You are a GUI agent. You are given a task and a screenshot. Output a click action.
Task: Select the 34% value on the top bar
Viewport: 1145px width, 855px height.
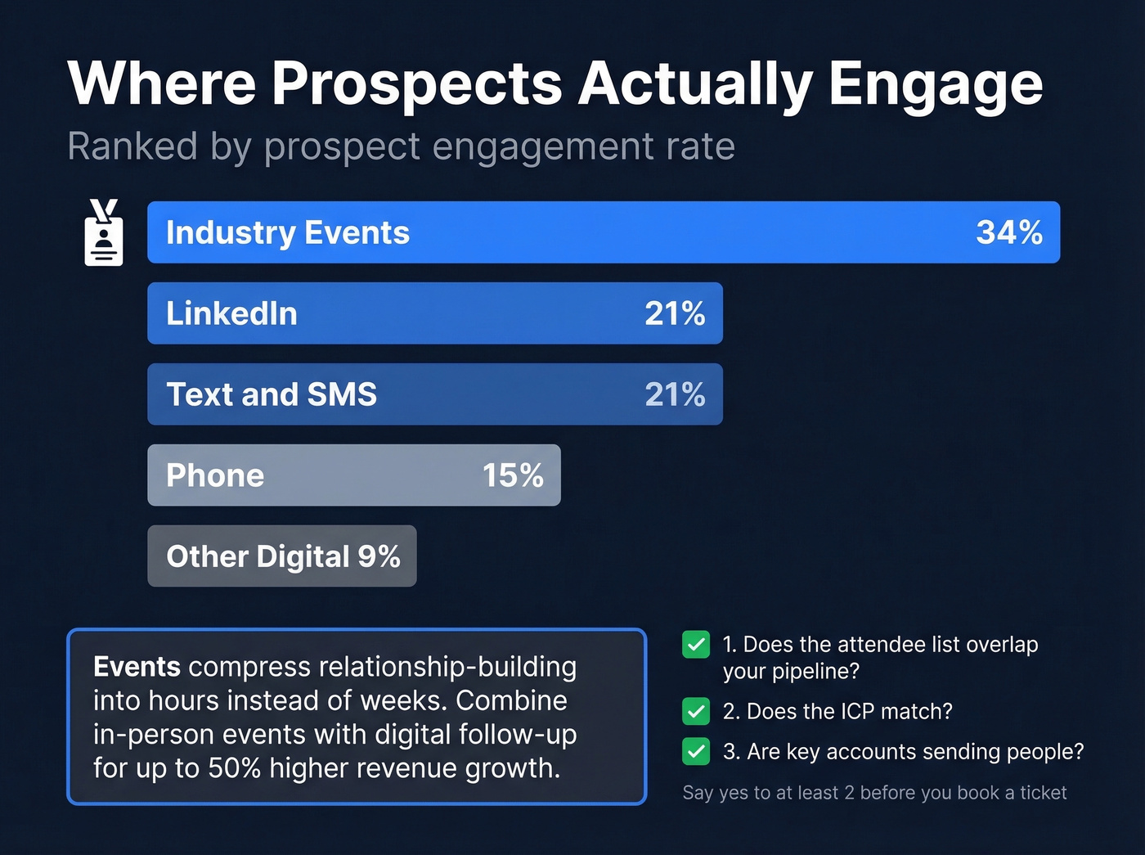1008,232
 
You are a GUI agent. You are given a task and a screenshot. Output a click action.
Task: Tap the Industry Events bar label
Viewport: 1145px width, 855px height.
287,233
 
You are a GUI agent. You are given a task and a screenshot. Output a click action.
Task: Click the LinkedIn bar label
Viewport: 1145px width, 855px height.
231,313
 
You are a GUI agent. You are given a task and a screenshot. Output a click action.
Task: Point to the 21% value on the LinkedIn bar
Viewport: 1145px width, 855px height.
675,313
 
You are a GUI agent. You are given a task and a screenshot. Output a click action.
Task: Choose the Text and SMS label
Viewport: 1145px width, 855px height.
272,394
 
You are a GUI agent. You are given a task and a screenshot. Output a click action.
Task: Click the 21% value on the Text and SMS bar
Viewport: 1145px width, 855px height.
675,394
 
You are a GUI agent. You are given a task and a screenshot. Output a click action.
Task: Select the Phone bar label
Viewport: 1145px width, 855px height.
215,475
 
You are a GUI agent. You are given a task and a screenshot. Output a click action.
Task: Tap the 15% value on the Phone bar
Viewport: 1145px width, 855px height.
513,475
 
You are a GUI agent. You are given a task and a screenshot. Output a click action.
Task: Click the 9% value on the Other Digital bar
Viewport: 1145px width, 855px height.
379,556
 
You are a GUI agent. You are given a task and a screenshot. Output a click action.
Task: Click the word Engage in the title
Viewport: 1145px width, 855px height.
936,84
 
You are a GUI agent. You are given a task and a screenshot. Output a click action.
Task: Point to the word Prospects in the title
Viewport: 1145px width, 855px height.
416,84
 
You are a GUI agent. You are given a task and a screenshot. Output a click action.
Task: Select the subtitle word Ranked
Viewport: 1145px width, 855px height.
132,147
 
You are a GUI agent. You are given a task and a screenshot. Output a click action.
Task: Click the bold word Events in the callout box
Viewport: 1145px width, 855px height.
137,667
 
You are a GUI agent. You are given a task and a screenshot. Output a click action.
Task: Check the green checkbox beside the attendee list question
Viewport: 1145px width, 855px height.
696,645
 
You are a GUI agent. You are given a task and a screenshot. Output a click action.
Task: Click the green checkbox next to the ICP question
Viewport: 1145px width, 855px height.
696,711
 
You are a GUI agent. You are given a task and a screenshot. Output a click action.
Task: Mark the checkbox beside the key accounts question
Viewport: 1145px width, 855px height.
696,751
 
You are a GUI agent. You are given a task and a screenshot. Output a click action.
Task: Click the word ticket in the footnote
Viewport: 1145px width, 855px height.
1043,793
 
